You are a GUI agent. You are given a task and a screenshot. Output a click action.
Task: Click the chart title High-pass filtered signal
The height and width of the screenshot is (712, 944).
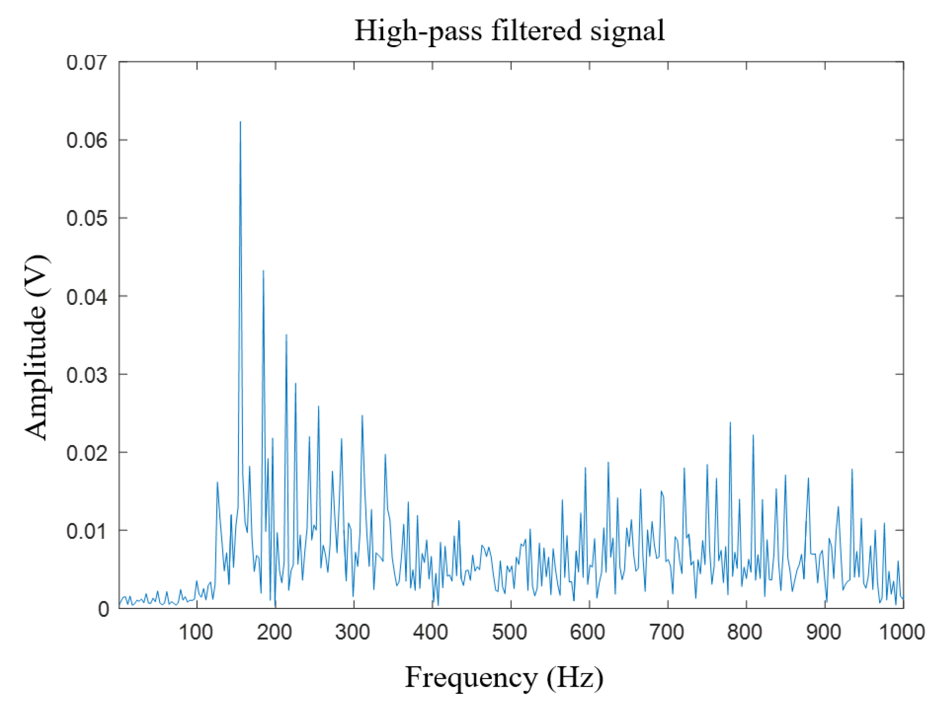tap(509, 31)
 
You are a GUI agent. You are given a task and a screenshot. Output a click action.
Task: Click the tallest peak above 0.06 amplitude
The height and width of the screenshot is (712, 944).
tap(240, 122)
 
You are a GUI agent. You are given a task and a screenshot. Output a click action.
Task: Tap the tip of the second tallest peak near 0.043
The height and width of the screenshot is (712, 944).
tap(263, 271)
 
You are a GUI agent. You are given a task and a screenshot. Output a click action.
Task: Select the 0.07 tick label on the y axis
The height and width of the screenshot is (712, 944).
tap(86, 63)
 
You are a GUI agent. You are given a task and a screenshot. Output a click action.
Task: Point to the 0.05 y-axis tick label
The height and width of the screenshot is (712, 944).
tap(86, 218)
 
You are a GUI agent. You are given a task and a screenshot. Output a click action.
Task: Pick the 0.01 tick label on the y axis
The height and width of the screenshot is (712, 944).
tap(86, 531)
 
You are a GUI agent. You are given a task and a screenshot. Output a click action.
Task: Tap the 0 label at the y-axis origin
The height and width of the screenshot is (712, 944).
tap(104, 609)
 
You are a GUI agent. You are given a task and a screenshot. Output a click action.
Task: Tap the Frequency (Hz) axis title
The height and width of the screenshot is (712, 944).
tap(504, 678)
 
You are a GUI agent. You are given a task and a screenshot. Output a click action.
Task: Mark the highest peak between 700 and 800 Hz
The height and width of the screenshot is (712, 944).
tap(730, 423)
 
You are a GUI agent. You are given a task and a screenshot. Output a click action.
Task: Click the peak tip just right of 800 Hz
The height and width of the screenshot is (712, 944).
tap(753, 435)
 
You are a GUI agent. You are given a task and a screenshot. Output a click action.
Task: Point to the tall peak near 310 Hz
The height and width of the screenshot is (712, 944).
tap(362, 416)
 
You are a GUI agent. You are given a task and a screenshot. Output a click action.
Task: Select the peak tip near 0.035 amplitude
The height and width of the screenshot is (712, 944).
tap(286, 335)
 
